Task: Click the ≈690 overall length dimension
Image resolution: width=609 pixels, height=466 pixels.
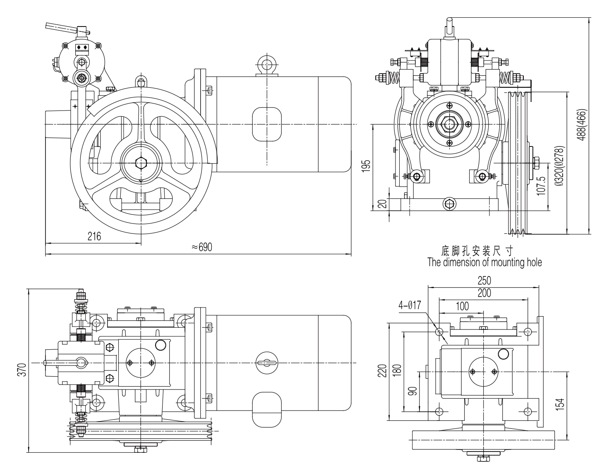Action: click(x=201, y=247)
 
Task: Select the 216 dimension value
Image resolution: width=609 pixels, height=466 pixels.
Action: click(x=94, y=236)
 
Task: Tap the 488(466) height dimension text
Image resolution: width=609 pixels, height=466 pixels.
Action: click(x=583, y=125)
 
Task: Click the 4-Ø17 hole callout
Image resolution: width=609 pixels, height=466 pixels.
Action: click(x=410, y=305)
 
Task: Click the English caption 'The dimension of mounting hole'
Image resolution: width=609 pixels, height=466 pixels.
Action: click(x=484, y=262)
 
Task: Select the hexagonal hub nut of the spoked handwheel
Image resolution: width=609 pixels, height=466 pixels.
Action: click(x=141, y=163)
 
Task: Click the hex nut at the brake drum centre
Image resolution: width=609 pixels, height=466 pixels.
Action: click(x=449, y=124)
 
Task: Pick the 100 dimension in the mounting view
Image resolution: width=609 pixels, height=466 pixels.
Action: click(x=462, y=306)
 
